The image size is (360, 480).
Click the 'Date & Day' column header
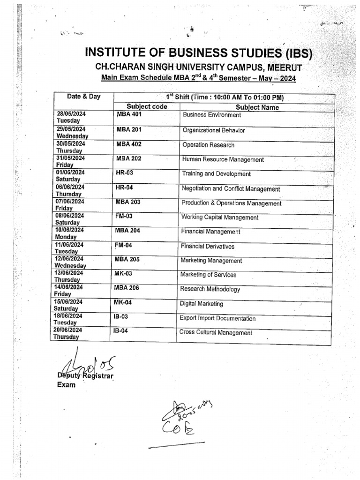pyautogui.click(x=83, y=97)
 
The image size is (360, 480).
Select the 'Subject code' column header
pyautogui.click(x=147, y=106)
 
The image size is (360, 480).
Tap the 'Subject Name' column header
pyautogui.click(x=257, y=107)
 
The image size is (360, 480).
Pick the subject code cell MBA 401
pyautogui.click(x=129, y=114)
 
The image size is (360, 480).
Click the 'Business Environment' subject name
pyautogui.click(x=212, y=115)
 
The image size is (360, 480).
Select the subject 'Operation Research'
pyautogui.click(x=208, y=145)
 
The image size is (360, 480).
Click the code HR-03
pyautogui.click(x=124, y=173)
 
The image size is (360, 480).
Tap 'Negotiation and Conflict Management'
pyautogui.click(x=231, y=189)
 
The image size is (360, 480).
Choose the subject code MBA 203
pyautogui.click(x=128, y=202)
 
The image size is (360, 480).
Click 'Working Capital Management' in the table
pyautogui.click(x=219, y=217)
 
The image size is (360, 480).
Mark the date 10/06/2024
pyautogui.click(x=70, y=230)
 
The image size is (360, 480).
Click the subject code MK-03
pyautogui.click(x=123, y=273)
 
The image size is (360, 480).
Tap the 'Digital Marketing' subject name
pyautogui.click(x=201, y=304)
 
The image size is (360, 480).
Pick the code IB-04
pyautogui.click(x=120, y=331)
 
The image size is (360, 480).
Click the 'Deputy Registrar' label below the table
pyautogui.click(x=85, y=376)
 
